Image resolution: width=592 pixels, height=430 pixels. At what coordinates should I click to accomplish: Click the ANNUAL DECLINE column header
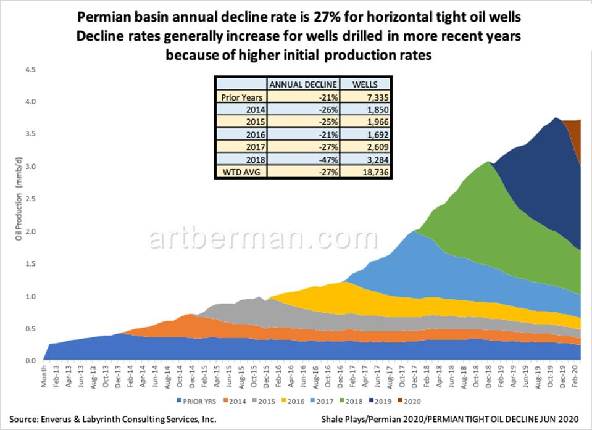[302, 84]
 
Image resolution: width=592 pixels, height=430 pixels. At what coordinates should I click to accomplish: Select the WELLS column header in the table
[365, 84]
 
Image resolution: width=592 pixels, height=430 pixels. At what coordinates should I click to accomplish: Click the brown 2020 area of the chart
[574, 133]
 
